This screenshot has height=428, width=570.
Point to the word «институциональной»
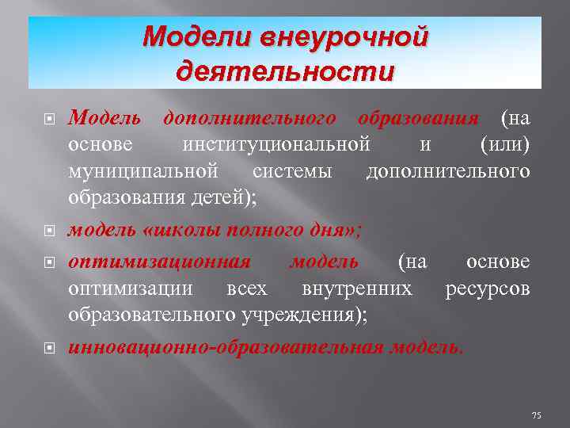click(x=276, y=145)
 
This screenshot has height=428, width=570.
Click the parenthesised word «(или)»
click(x=504, y=145)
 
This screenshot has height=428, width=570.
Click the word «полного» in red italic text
click(x=267, y=231)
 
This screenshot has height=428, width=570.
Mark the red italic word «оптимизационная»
click(x=161, y=262)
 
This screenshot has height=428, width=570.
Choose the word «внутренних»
click(x=357, y=288)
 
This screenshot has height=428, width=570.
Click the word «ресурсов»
click(x=487, y=288)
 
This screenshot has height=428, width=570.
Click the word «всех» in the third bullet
click(x=246, y=288)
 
